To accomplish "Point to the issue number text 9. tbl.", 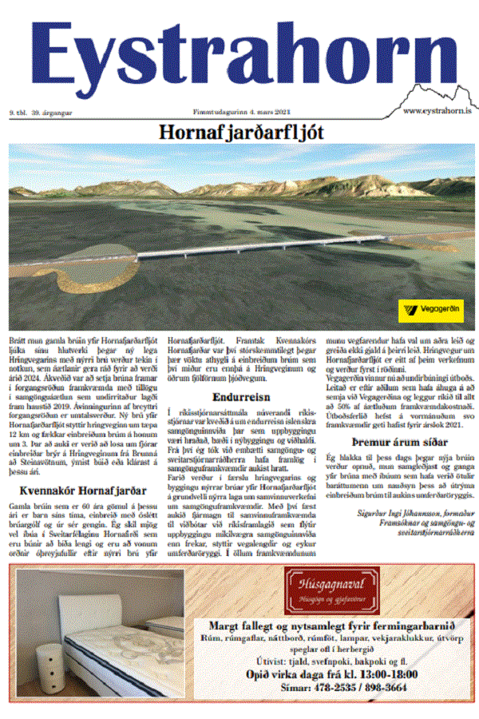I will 17,113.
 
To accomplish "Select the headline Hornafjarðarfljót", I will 240,131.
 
